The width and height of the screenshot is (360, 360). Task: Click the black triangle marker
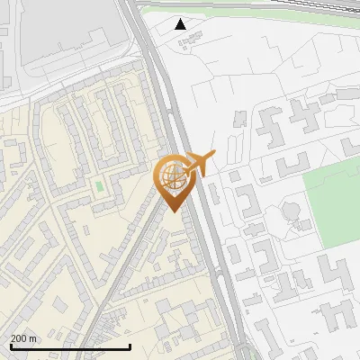tap(182, 24)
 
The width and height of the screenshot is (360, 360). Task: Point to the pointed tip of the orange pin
tap(172, 211)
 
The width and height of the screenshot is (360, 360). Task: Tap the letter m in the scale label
tap(33, 338)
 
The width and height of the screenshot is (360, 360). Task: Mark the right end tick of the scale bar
tap(130, 346)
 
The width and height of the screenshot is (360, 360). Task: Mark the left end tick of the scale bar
tap(10, 346)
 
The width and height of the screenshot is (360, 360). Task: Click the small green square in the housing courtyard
tap(99, 186)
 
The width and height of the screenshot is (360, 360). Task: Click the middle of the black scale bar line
tap(70, 346)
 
